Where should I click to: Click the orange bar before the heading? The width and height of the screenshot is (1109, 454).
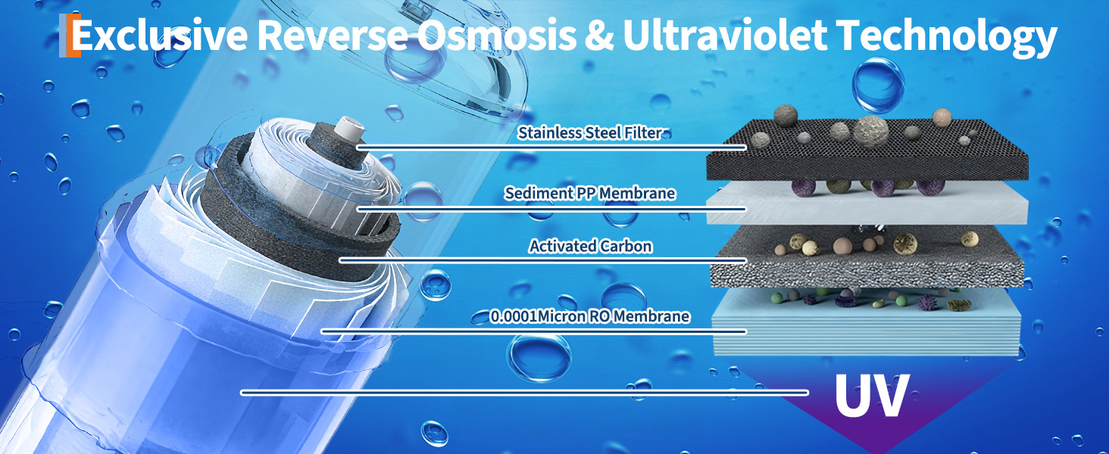pyautogui.click(x=73, y=36)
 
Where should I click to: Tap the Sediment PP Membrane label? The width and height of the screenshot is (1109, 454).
pyautogui.click(x=589, y=194)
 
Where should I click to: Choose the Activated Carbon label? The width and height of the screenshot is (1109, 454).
pyautogui.click(x=589, y=247)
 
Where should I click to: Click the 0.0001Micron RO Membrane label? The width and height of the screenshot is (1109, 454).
pyautogui.click(x=589, y=316)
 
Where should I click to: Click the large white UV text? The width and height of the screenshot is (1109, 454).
pyautogui.click(x=871, y=393)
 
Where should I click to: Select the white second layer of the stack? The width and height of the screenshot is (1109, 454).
pyautogui.click(x=864, y=208)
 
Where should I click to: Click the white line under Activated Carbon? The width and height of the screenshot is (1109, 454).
pyautogui.click(x=542, y=260)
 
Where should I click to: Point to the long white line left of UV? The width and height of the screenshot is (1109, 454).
pyautogui.click(x=523, y=392)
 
